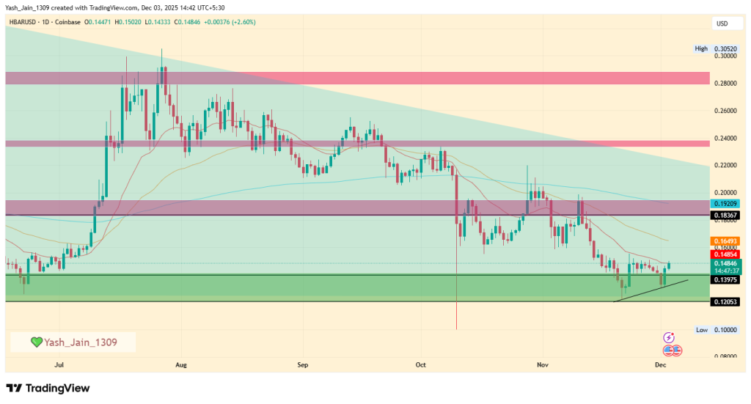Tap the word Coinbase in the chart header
coord(67,23)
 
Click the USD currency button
coord(722,24)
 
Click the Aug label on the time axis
coord(181,364)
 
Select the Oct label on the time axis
coord(420,364)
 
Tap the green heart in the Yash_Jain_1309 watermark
coord(36,342)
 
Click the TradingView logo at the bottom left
coord(48,388)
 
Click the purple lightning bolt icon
coord(669,337)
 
